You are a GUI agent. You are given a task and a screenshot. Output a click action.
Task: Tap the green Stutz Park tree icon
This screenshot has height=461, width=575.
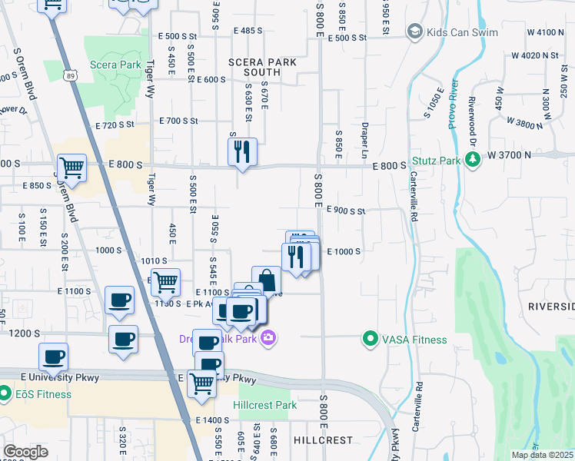(x=474, y=160)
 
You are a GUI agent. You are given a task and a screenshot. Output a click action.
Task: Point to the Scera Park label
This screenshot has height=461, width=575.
(x=115, y=65)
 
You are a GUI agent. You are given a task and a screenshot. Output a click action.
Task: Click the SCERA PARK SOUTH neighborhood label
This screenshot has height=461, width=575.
(x=261, y=67)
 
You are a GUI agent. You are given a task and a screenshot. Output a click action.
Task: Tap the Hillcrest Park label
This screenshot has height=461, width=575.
(x=265, y=405)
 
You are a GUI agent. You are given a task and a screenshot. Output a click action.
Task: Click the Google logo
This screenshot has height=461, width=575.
(x=25, y=452)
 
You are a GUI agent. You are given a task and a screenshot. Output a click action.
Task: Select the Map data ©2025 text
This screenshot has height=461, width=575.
(x=542, y=455)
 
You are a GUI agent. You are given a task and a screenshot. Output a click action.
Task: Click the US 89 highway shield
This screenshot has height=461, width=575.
(x=71, y=75)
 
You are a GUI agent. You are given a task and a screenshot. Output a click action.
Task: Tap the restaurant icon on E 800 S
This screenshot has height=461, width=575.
(x=243, y=153)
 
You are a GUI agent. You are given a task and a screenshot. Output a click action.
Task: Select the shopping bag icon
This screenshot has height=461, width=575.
(x=266, y=280)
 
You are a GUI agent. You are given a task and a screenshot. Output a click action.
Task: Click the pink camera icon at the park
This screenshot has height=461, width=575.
(x=268, y=337)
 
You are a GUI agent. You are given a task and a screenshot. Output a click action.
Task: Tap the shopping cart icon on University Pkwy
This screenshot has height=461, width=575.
(x=202, y=382)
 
